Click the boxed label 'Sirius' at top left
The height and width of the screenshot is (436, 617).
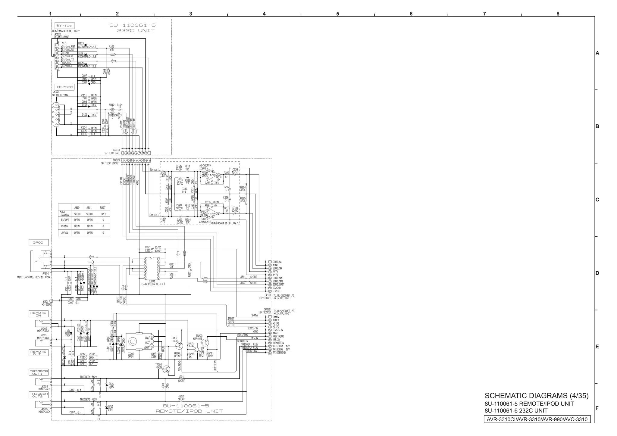(x=64, y=26)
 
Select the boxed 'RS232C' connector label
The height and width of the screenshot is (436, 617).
(x=65, y=87)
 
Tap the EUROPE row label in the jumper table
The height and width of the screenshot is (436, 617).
(x=64, y=220)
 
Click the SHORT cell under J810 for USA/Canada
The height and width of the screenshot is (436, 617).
(x=77, y=214)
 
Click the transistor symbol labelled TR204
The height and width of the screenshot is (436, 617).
(x=166, y=369)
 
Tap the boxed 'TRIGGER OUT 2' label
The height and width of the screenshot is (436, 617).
(x=39, y=395)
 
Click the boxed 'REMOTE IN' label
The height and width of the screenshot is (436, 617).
(x=38, y=314)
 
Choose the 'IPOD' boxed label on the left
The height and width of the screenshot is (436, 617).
(x=38, y=242)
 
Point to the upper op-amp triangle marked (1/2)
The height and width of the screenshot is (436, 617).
(x=212, y=175)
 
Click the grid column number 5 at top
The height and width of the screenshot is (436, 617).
(x=337, y=14)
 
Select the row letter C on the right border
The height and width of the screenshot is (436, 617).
(x=597, y=200)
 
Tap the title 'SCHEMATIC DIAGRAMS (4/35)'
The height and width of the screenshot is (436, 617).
(x=536, y=395)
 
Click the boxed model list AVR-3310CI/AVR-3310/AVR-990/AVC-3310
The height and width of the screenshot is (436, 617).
(x=537, y=419)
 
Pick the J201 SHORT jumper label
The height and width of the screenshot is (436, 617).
(x=181, y=378)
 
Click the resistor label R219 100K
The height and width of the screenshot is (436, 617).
(x=210, y=354)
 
